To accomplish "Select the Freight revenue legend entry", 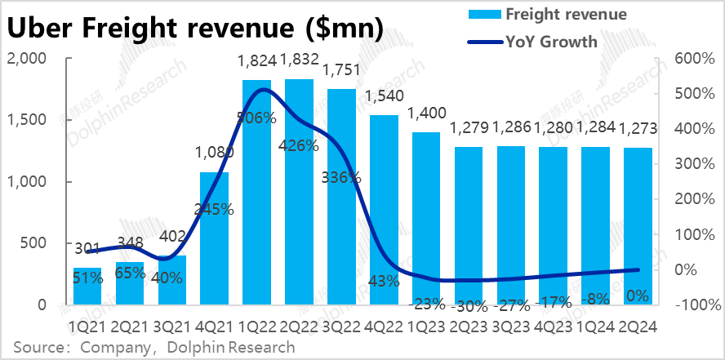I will point(566,14).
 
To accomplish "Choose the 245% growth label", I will point(214,209).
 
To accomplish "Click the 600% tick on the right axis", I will point(692,59).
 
